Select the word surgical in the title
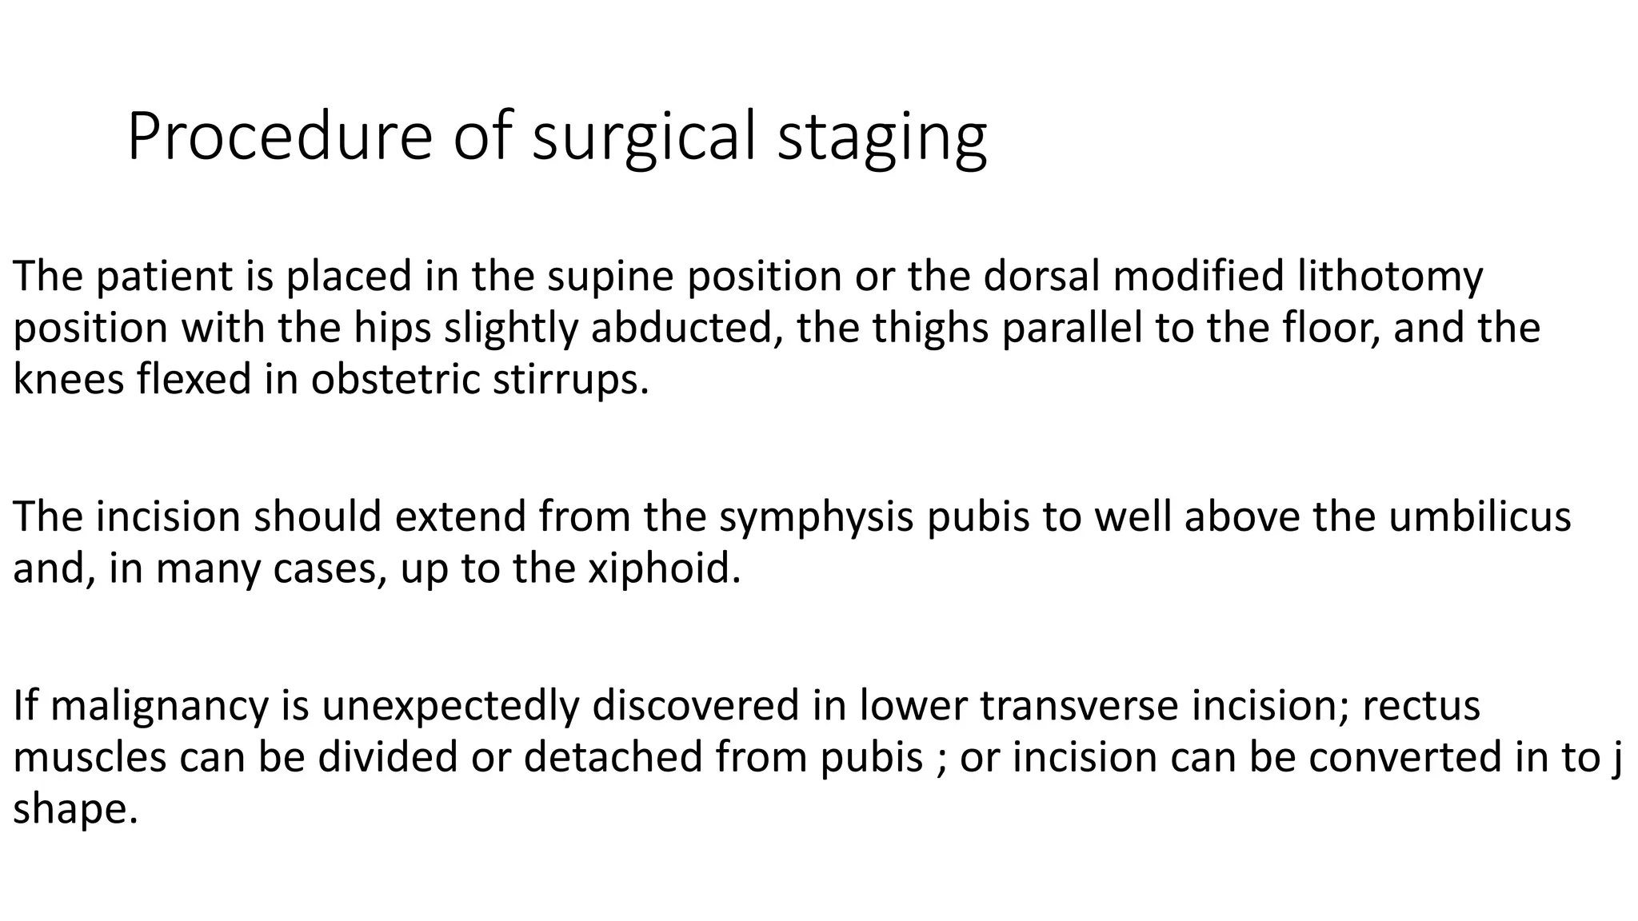[x=644, y=138]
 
